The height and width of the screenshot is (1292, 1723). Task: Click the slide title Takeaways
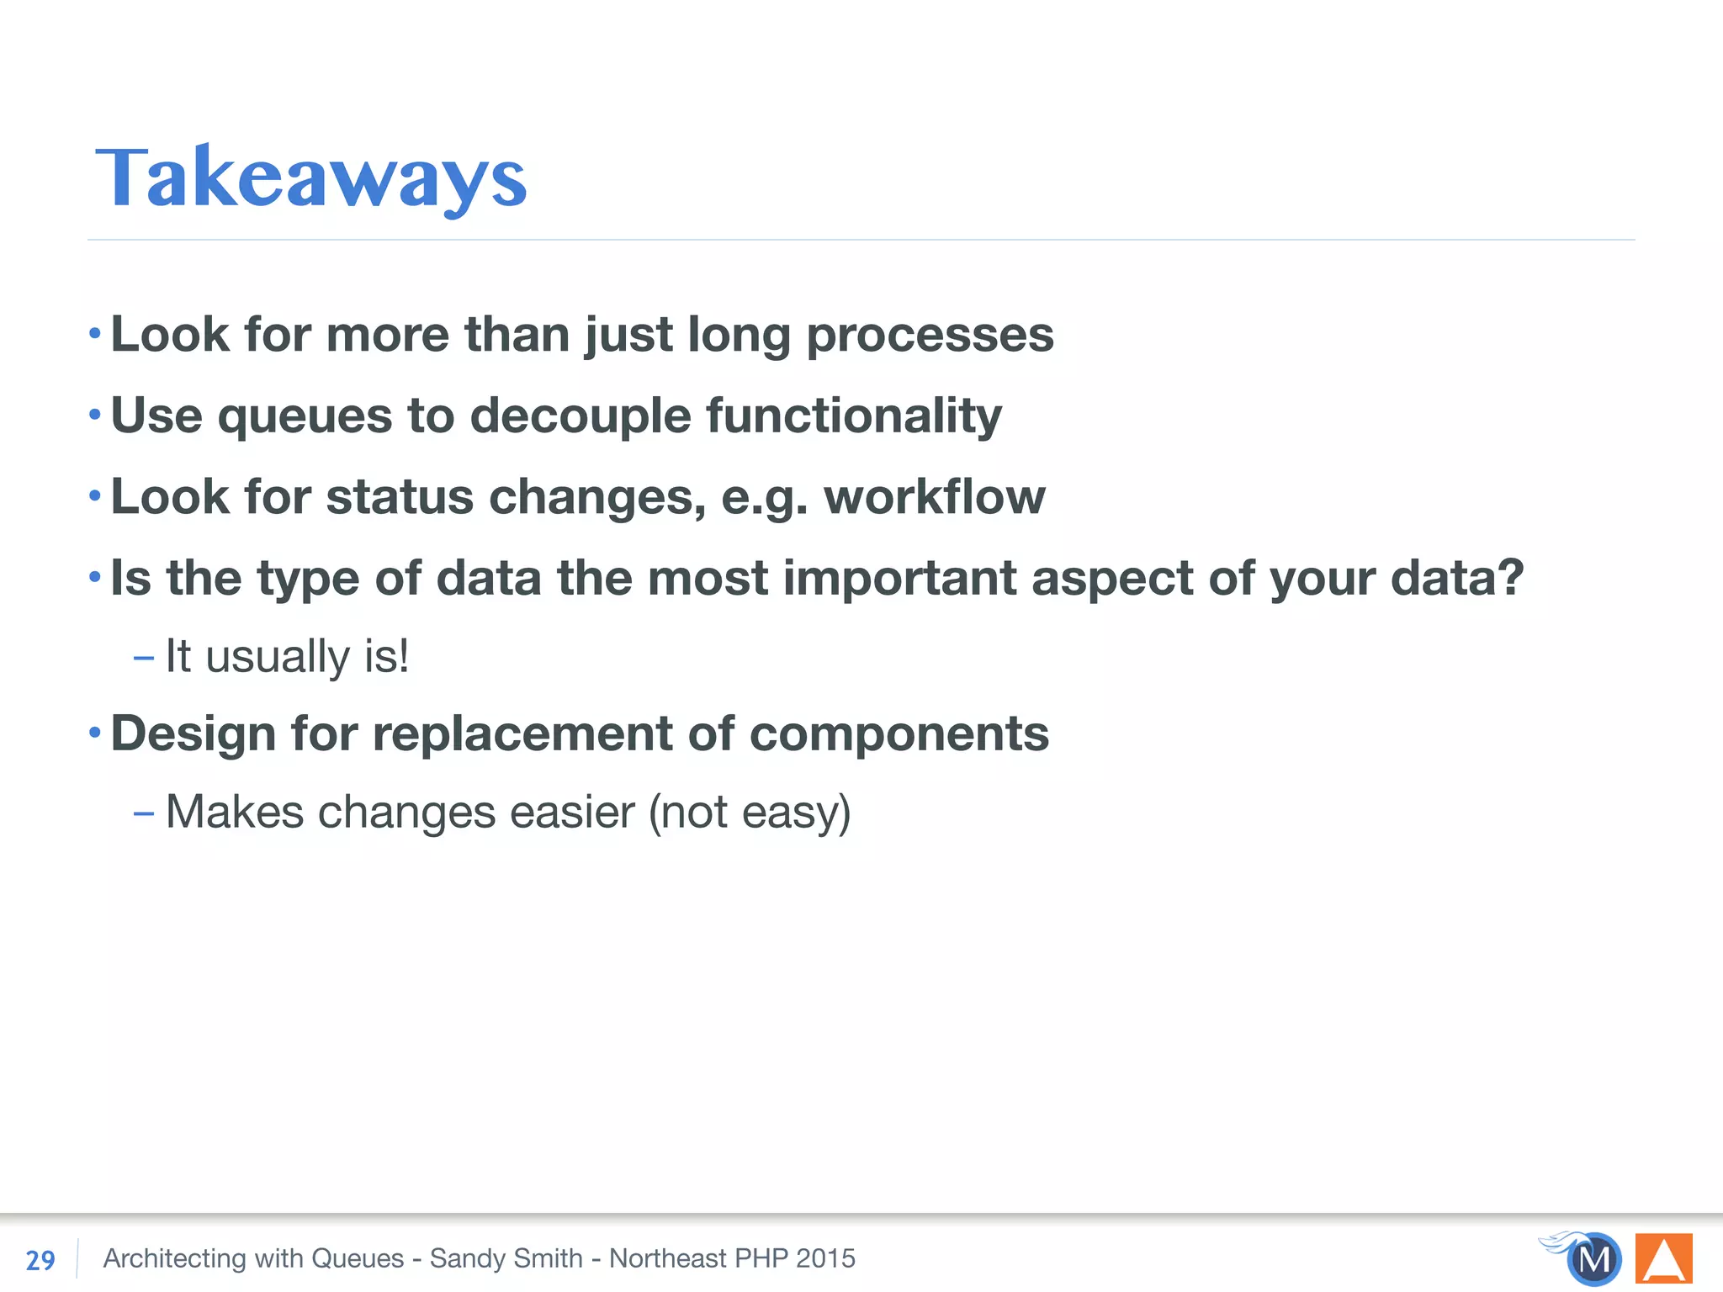(311, 178)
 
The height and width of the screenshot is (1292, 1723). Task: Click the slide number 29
(40, 1260)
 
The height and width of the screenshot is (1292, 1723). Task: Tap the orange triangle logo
(1663, 1259)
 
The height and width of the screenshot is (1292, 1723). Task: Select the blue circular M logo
(1593, 1259)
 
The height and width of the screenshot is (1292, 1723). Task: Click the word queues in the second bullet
(305, 417)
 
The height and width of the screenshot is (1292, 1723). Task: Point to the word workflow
(934, 496)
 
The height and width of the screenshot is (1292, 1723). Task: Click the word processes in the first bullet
(930, 336)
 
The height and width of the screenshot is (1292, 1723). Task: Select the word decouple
(580, 416)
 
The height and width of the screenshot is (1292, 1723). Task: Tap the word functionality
(853, 416)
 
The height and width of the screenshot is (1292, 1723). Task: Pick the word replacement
(522, 733)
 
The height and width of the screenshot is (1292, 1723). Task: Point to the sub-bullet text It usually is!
(287, 656)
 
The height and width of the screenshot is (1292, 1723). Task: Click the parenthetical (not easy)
(750, 813)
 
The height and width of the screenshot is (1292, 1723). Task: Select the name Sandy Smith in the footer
(506, 1258)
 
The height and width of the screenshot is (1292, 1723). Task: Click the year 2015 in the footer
(825, 1258)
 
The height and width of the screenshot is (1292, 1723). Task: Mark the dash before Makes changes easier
(143, 813)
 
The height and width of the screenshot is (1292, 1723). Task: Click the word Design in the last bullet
(193, 733)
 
